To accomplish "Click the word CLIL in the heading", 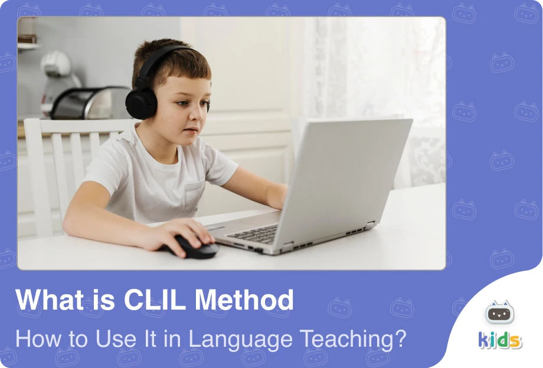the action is [155, 300].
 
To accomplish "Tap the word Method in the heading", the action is [244, 300].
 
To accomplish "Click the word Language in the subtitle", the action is [240, 340].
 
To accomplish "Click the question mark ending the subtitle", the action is [400, 339].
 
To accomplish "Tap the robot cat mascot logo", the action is [499, 312].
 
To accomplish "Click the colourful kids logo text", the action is [500, 340].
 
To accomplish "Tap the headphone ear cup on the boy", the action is [141, 103].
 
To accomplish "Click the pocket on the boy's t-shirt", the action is [195, 195].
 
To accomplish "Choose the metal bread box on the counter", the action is [91, 103].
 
